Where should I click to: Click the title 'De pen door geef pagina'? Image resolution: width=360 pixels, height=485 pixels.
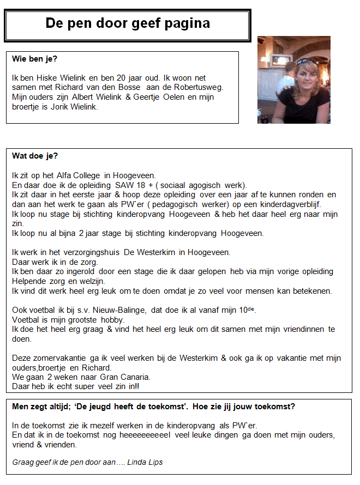pyautogui.click(x=127, y=23)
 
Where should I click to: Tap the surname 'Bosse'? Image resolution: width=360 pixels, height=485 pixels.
pyautogui.click(x=129, y=87)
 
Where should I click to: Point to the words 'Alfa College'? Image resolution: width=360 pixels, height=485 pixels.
pyautogui.click(x=71, y=175)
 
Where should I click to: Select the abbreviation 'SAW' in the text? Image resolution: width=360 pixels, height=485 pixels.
pyautogui.click(x=126, y=185)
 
